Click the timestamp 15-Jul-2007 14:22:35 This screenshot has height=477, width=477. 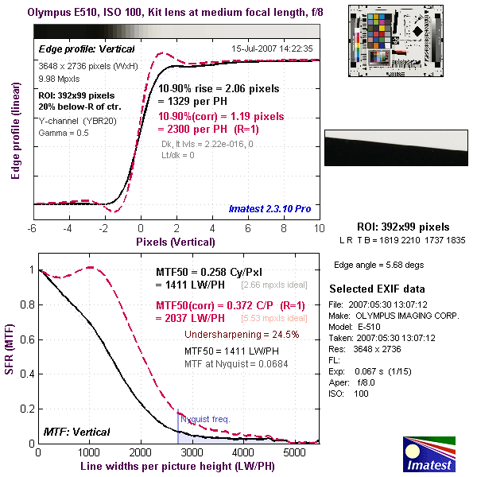tap(272, 48)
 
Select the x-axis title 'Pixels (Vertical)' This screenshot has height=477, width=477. tap(176, 239)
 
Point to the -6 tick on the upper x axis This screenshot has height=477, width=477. tap(33, 227)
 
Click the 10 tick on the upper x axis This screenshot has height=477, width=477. tap(319, 227)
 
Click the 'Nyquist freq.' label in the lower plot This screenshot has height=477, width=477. tap(204, 419)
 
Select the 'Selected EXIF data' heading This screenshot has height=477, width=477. tap(378, 288)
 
